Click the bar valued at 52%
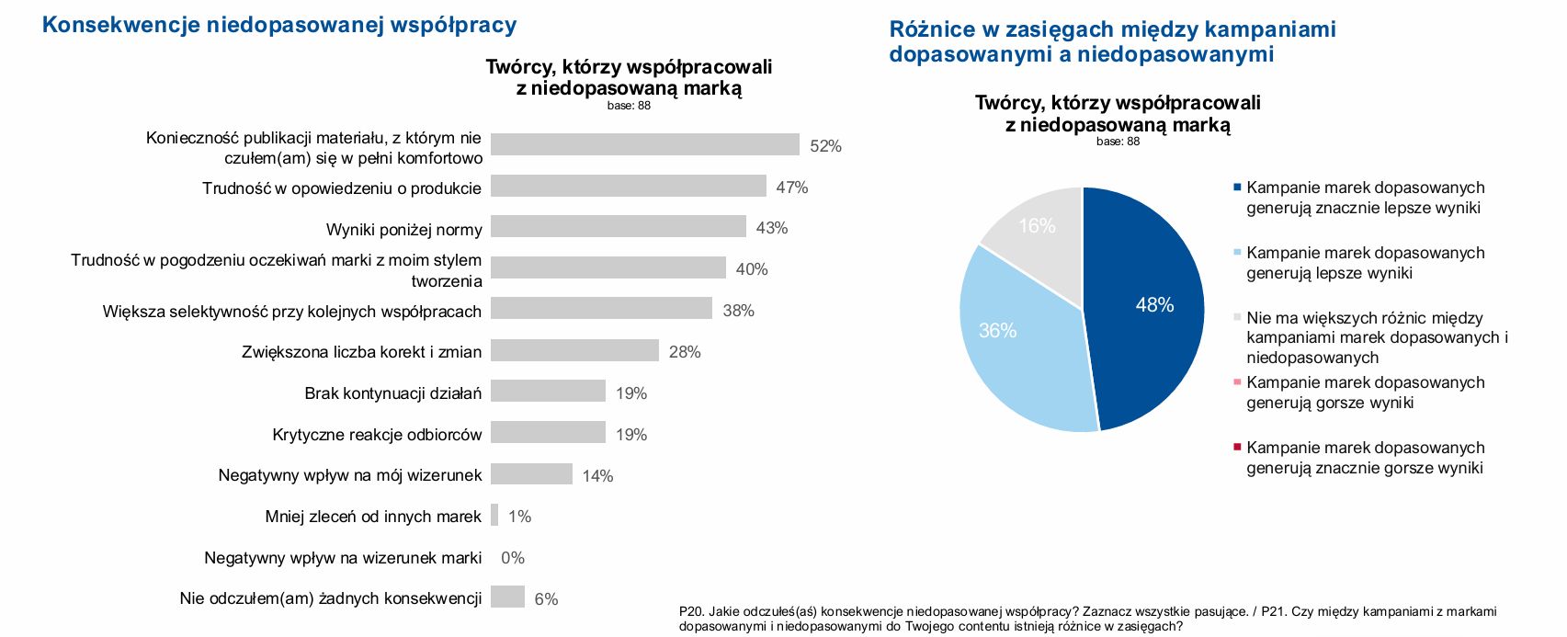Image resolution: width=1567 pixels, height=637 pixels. (x=644, y=144)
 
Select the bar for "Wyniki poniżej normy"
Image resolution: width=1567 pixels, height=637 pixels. (x=618, y=226)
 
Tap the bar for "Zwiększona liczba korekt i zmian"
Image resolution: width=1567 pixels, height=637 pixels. (x=574, y=350)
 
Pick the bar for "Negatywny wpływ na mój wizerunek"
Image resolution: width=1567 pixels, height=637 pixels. (x=531, y=474)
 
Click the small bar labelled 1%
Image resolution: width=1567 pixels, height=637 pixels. (x=494, y=515)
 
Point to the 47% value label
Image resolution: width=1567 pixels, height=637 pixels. (x=791, y=188)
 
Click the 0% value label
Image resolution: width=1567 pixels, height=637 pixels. (x=513, y=558)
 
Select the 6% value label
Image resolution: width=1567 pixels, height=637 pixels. (x=546, y=599)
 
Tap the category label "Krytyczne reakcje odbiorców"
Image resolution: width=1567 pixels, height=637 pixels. (x=377, y=435)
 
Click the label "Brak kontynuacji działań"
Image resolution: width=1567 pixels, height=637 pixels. (x=392, y=393)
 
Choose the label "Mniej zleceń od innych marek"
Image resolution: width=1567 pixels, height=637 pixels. (x=373, y=517)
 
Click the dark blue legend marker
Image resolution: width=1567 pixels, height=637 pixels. (x=1237, y=188)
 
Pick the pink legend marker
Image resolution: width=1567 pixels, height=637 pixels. (x=1237, y=382)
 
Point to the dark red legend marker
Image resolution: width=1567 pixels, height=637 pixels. (x=1237, y=448)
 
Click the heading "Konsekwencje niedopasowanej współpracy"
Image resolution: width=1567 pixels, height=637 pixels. (x=279, y=25)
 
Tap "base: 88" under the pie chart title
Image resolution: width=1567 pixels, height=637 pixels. (x=1118, y=142)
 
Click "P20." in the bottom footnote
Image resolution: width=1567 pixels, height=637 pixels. (x=691, y=611)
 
